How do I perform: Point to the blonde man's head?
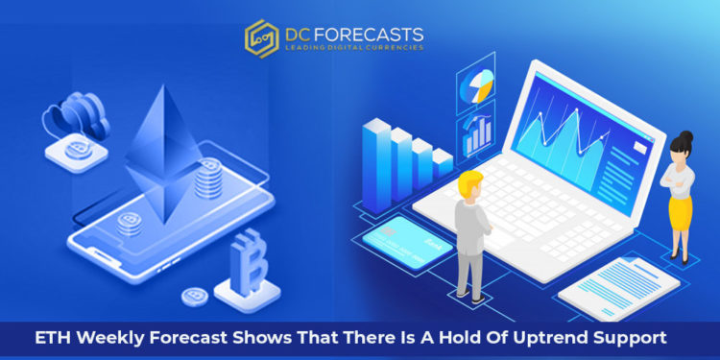470,185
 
